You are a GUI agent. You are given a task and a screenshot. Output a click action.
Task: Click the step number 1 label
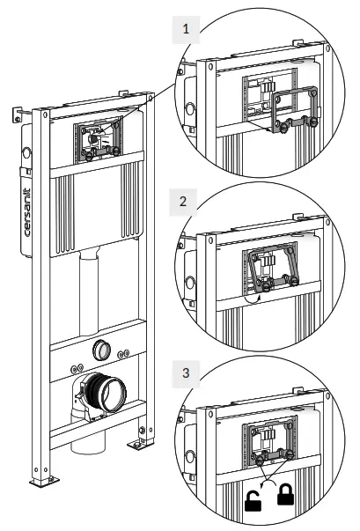click(186, 29)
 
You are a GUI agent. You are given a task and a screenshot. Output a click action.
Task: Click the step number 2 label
click(183, 202)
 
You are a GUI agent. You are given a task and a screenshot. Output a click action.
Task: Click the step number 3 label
click(186, 373)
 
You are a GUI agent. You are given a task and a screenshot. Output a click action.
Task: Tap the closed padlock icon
click(285, 495)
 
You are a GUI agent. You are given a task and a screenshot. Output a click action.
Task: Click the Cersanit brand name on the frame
click(27, 212)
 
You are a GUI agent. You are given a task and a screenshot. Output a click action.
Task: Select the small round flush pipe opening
click(101, 350)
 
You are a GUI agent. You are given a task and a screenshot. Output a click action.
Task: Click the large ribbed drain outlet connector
click(104, 392)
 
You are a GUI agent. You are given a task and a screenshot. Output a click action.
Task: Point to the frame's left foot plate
click(44, 481)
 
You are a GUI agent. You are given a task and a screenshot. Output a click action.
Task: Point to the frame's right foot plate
click(140, 443)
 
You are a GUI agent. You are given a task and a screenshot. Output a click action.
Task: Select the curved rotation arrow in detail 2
click(253, 300)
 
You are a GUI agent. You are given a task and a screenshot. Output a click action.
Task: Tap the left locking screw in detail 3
click(261, 460)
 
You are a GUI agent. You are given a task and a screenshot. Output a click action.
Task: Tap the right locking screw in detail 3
click(290, 454)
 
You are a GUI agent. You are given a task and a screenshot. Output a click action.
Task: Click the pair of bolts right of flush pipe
click(123, 354)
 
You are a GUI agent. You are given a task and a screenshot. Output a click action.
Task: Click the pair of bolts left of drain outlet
click(77, 368)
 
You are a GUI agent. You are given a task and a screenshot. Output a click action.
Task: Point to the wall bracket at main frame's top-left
click(17, 114)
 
